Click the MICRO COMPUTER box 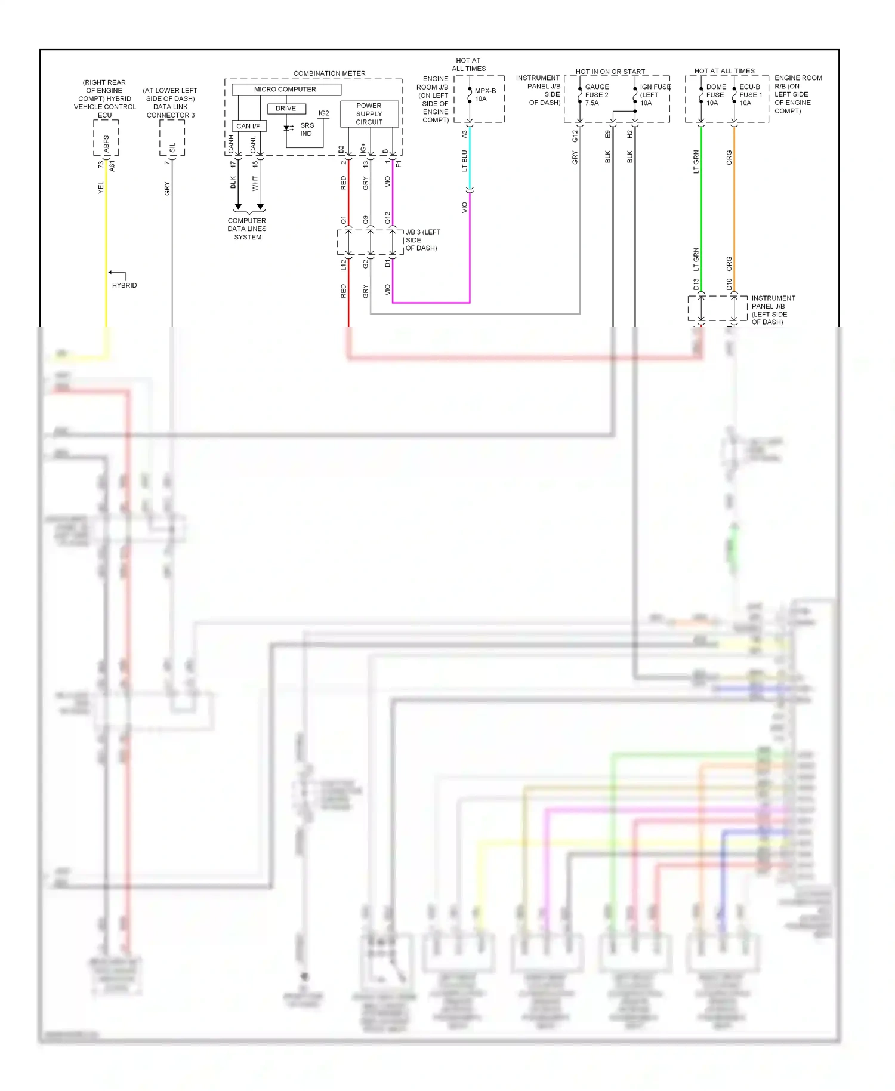[x=286, y=90]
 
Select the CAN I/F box [x=248, y=126]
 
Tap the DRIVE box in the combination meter [x=286, y=109]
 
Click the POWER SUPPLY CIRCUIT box [x=369, y=113]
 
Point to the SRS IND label [x=307, y=130]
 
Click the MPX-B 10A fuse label [x=484, y=95]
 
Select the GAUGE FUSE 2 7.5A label [x=596, y=95]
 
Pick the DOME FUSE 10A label [x=715, y=95]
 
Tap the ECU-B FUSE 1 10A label [x=750, y=95]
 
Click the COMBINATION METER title [x=329, y=73]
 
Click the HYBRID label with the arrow [x=124, y=285]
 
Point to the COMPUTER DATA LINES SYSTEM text [x=247, y=229]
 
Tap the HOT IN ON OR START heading [x=610, y=72]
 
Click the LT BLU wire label [x=465, y=161]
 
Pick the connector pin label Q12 [x=387, y=218]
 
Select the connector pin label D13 [x=696, y=285]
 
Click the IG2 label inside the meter [x=323, y=113]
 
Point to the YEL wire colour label [x=101, y=187]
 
